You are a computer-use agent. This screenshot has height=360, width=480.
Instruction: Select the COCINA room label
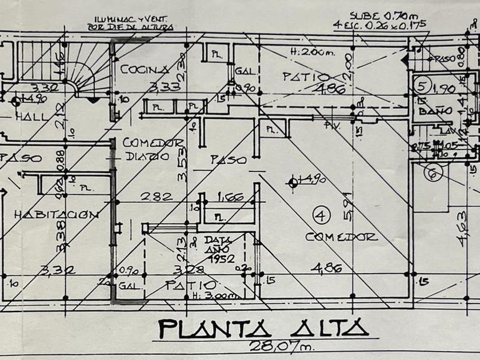145,70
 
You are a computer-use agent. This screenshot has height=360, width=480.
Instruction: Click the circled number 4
322,215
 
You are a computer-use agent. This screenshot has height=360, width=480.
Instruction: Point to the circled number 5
422,86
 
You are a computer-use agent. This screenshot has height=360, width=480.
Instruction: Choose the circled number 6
433,173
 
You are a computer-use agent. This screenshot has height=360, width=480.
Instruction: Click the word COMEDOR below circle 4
341,237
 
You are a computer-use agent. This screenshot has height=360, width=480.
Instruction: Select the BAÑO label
431,111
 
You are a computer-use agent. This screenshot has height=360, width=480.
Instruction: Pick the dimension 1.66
230,198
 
